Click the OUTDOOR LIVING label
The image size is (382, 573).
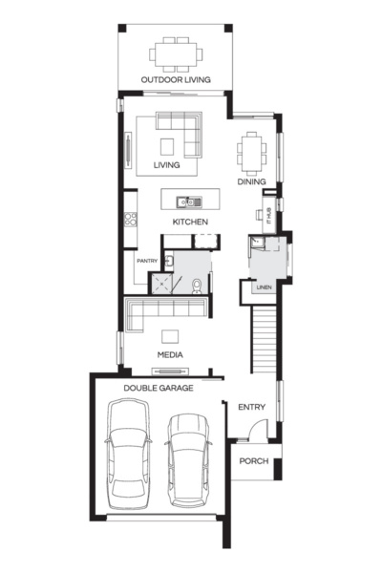(175, 79)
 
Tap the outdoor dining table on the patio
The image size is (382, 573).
(175, 53)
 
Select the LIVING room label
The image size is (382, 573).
(167, 165)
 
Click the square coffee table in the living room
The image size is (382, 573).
(168, 146)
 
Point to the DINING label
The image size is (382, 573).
(252, 181)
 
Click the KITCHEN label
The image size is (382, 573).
(190, 222)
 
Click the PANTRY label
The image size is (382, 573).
(146, 260)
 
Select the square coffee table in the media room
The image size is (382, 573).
(170, 335)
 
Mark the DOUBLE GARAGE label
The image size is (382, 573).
(159, 389)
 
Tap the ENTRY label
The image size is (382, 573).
(251, 408)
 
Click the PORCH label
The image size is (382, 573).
(253, 462)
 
